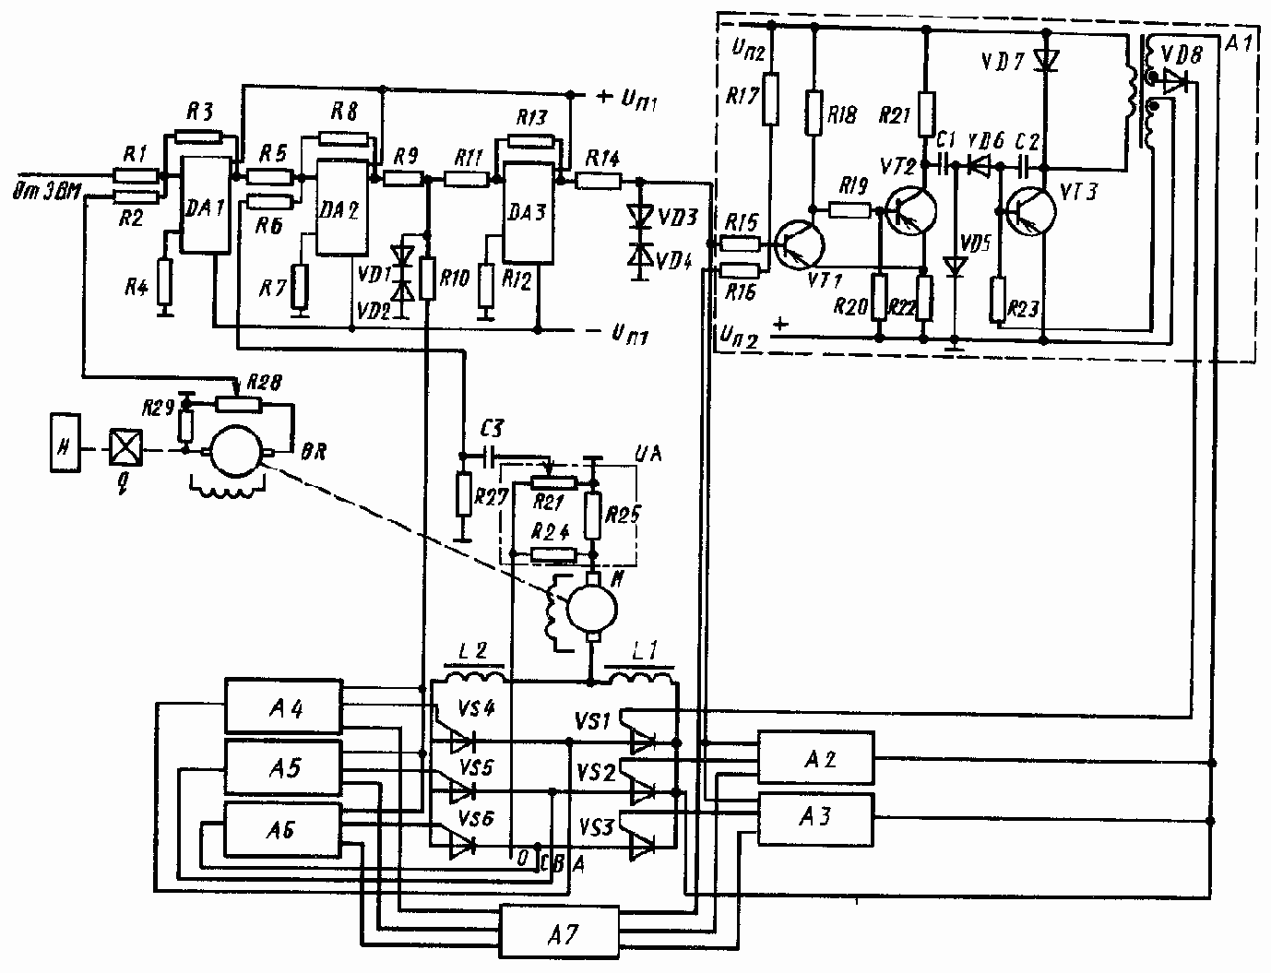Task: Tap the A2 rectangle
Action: point(815,759)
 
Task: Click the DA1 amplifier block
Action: point(204,205)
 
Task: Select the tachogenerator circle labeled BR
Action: point(235,452)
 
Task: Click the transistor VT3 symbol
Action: point(1031,211)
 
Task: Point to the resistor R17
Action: point(772,100)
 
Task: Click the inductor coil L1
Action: point(638,680)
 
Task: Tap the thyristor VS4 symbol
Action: point(460,739)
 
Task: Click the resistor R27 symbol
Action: point(463,496)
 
